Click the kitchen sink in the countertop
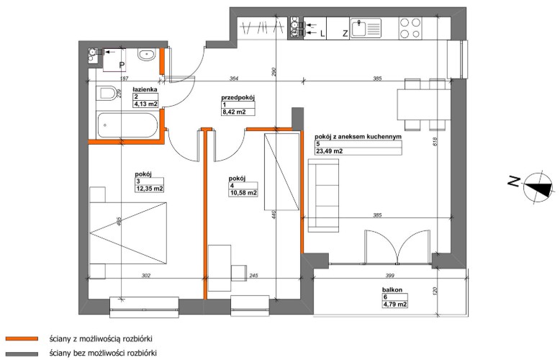366,28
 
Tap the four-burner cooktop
410,28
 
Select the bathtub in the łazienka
127,125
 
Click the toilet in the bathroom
106,93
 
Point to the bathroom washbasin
146,55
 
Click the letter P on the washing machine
122,65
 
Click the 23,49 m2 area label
329,151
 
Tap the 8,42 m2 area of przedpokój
234,112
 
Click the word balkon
392,290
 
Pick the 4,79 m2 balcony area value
395,305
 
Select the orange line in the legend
22,338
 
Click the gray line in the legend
22,354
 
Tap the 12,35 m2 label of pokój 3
149,189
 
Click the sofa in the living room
323,195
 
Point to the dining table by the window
423,104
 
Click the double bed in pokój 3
128,233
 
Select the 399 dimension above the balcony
389,275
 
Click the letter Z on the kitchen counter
345,34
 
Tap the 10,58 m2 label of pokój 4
244,193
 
